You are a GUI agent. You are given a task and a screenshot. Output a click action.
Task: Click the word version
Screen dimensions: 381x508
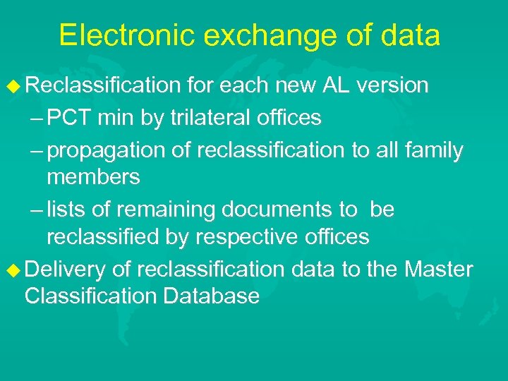[x=392, y=85]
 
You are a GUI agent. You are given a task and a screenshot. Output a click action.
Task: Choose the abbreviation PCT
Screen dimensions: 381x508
[x=70, y=118]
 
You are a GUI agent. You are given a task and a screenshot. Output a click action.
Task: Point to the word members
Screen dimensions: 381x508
[x=93, y=176]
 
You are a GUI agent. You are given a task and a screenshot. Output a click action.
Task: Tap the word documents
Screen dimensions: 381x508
[x=279, y=210]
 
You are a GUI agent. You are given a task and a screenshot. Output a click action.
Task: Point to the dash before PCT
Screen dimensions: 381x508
[x=37, y=119]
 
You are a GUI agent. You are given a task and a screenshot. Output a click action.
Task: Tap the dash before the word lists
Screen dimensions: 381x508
[x=37, y=210]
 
